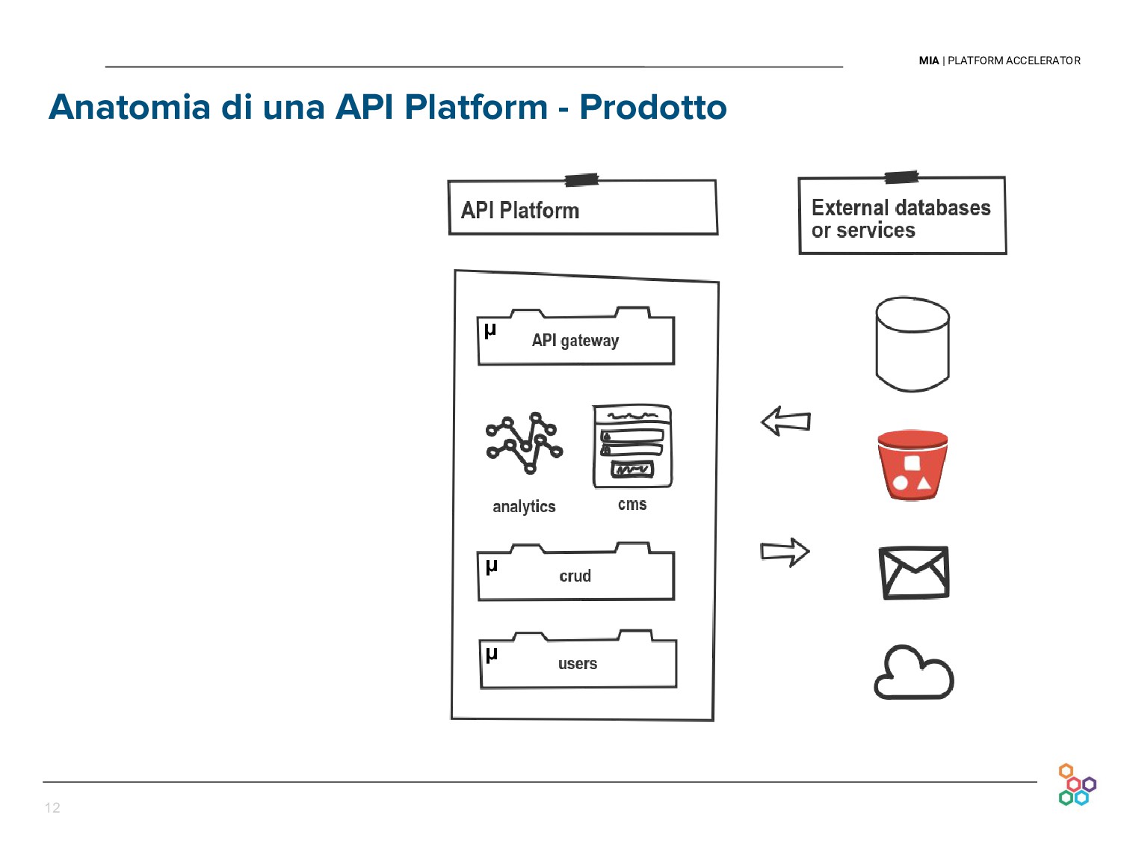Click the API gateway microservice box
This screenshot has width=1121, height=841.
575,341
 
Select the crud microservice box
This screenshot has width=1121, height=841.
575,576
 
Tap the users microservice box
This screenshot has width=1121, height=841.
578,663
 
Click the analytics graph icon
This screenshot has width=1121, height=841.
524,443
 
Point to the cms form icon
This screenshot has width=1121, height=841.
632,446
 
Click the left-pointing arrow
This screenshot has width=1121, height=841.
785,422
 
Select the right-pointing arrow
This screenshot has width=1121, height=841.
785,552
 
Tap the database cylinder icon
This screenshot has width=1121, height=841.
912,344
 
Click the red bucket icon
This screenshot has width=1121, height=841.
912,464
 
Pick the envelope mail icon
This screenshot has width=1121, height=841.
914,573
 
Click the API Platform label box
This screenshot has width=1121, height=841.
583,209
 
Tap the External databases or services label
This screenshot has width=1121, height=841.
902,218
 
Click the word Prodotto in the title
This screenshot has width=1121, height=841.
652,107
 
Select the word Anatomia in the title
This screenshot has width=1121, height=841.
129,107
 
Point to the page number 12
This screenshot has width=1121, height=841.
52,807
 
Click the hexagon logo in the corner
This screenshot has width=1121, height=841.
1076,785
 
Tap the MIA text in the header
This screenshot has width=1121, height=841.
929,61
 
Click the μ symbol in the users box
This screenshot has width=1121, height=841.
491,655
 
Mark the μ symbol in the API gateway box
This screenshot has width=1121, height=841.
490,330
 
